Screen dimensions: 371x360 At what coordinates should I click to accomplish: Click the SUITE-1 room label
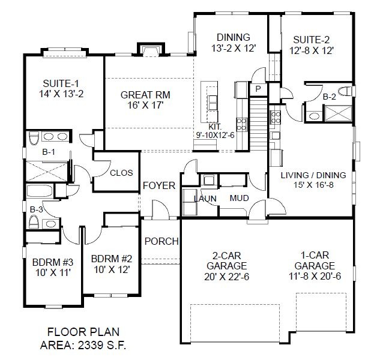pyautogui.click(x=61, y=83)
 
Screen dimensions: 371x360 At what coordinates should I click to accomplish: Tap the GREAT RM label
pyautogui.click(x=145, y=95)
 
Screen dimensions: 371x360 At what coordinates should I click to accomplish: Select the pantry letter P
pyautogui.click(x=258, y=89)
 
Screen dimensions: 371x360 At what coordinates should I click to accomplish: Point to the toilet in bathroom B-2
pyautogui.click(x=345, y=91)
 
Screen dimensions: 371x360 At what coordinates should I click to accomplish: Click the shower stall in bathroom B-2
pyautogui.click(x=339, y=113)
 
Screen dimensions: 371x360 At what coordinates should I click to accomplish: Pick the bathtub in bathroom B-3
pyautogui.click(x=40, y=191)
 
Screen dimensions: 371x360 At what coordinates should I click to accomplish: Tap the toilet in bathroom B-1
pyautogui.click(x=34, y=139)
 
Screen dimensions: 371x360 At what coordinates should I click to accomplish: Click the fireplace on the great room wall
pyautogui.click(x=151, y=50)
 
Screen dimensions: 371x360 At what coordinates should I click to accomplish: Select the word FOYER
pyautogui.click(x=159, y=185)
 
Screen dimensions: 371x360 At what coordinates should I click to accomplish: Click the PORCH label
pyautogui.click(x=161, y=241)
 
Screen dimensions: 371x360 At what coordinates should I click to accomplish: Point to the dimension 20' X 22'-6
pyautogui.click(x=227, y=277)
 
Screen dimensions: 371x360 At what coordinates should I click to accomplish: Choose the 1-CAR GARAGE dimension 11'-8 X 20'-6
pyautogui.click(x=315, y=276)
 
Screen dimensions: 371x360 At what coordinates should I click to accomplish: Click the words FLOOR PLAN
pyautogui.click(x=83, y=332)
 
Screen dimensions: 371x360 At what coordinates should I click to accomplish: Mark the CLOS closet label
pyautogui.click(x=121, y=173)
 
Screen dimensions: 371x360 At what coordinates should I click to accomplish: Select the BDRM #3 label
pyautogui.click(x=53, y=262)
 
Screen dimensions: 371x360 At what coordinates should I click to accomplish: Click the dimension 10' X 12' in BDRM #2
pyautogui.click(x=112, y=269)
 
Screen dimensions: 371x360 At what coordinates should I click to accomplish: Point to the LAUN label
pyautogui.click(x=205, y=199)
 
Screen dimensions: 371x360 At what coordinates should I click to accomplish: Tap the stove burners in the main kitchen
pyautogui.click(x=241, y=125)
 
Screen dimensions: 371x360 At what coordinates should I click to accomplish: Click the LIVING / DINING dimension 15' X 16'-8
pyautogui.click(x=313, y=185)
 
